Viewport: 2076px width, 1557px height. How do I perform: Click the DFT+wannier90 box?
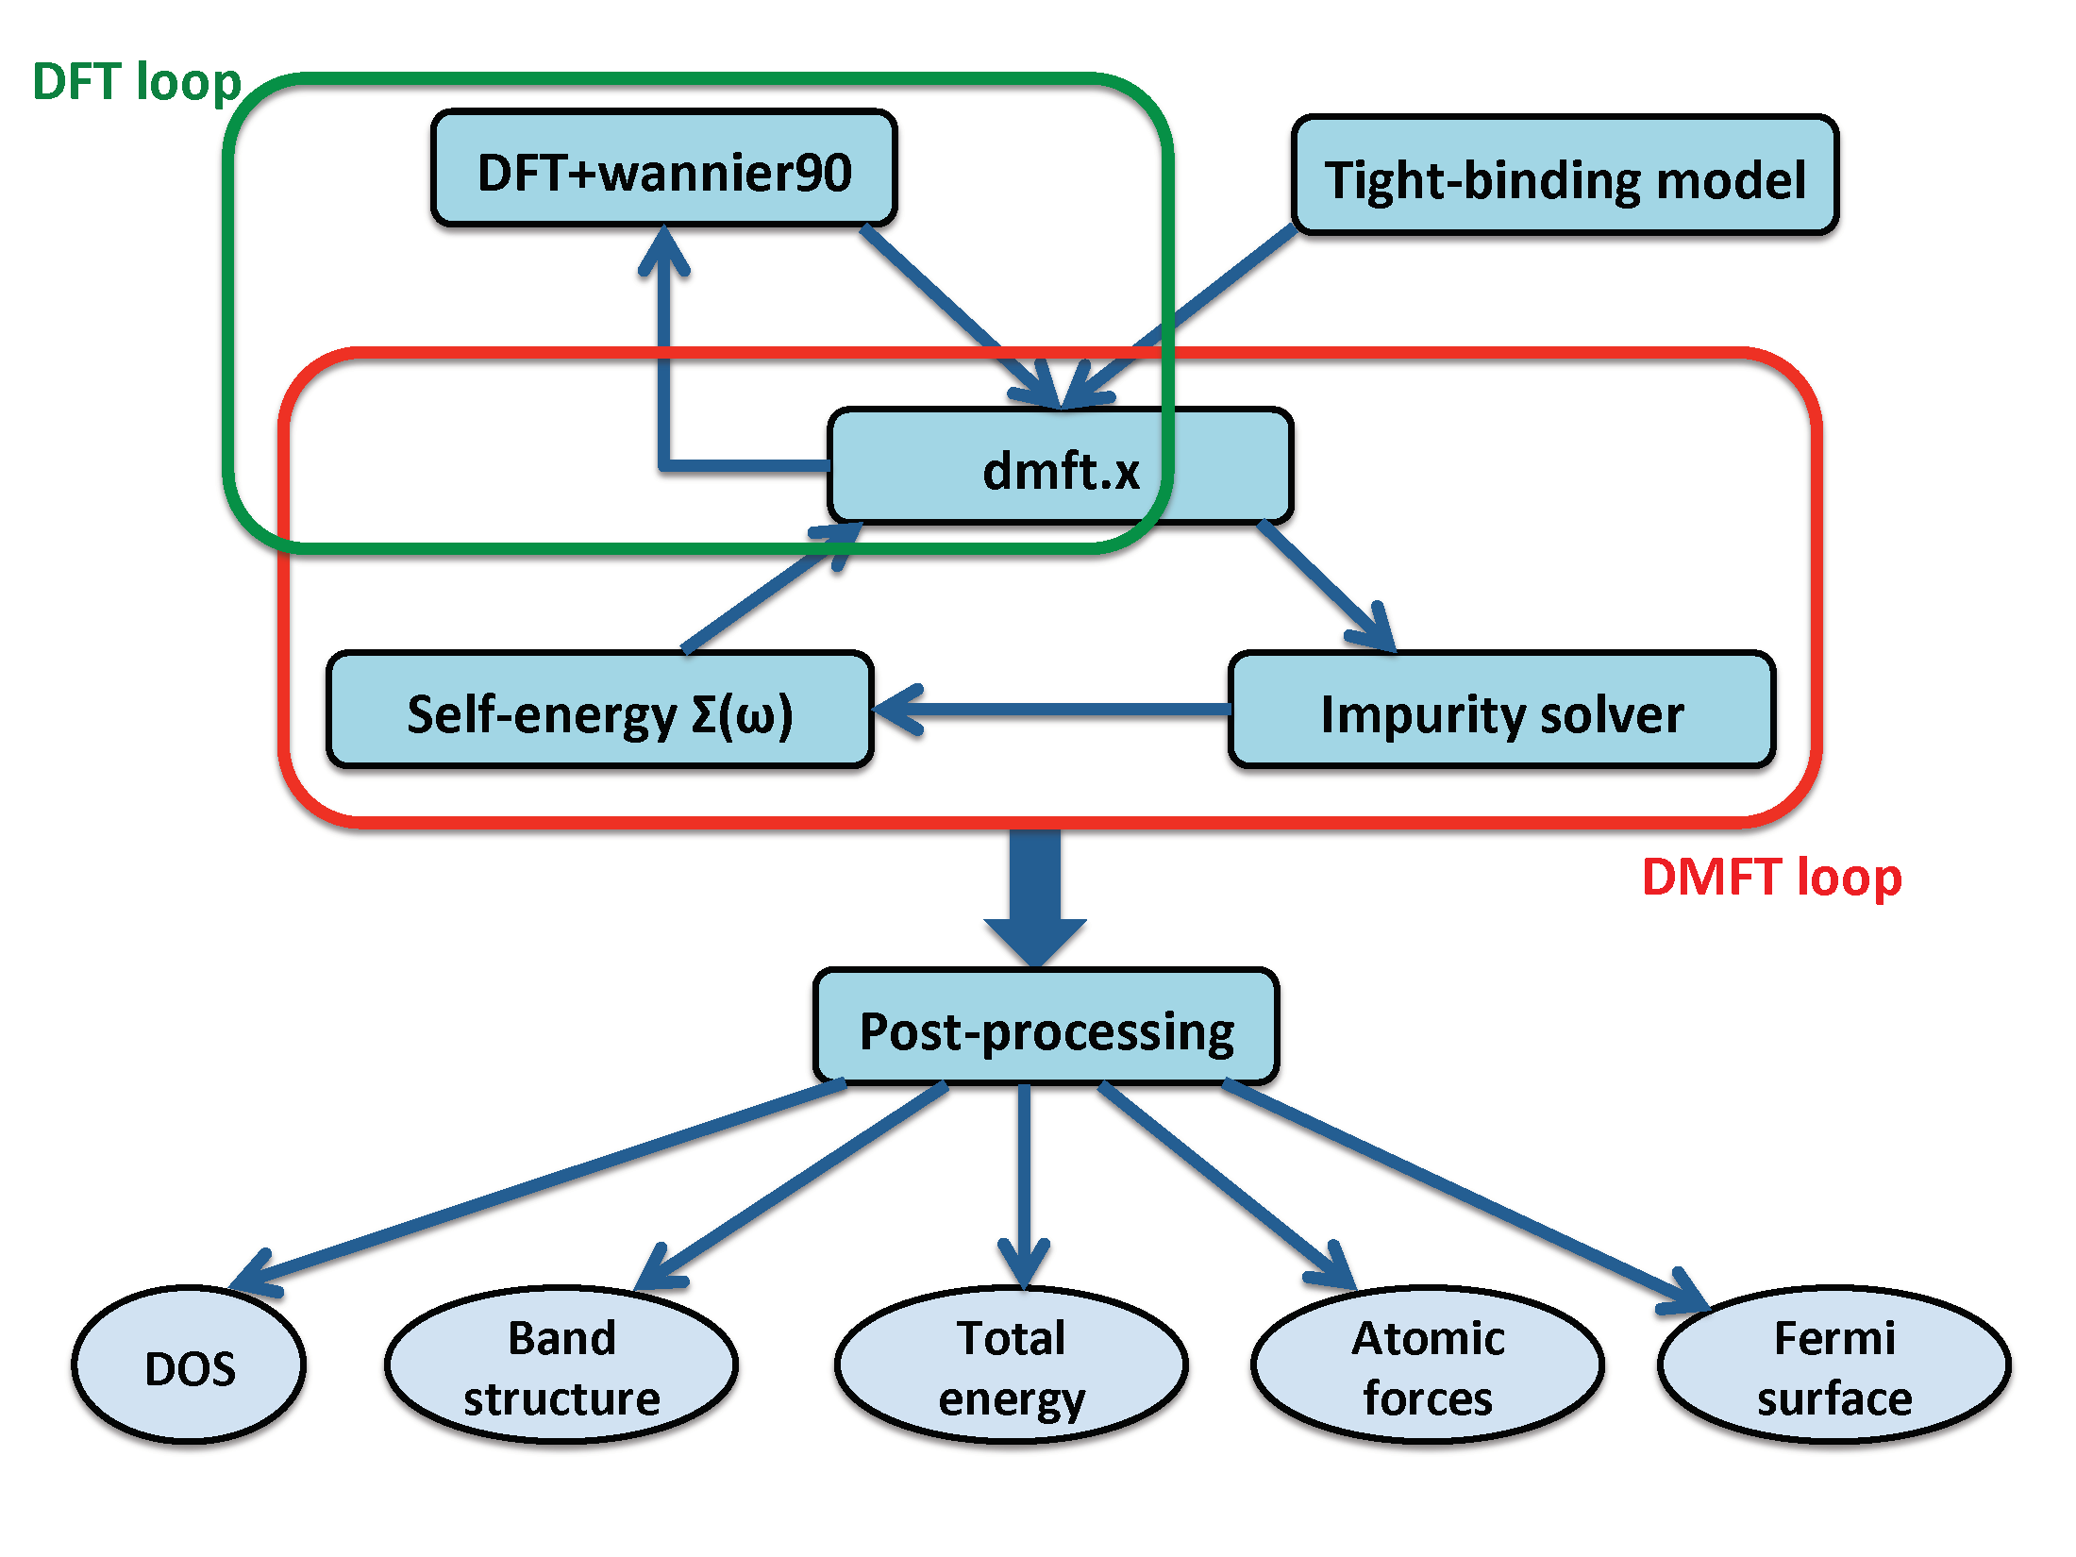tap(664, 168)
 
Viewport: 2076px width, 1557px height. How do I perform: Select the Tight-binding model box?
tap(1565, 176)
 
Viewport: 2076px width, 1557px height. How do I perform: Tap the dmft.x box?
tap(1061, 466)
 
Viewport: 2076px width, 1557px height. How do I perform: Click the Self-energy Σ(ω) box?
tap(600, 710)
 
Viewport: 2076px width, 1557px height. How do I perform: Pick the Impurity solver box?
tap(1502, 710)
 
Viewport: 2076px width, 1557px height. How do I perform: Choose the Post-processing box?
tap(1046, 1027)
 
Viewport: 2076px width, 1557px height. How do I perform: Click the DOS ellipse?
tap(189, 1364)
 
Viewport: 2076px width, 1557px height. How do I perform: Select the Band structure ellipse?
tap(561, 1364)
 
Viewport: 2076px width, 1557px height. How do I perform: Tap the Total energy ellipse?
tap(1012, 1364)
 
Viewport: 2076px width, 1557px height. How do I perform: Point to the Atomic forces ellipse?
tap(1428, 1364)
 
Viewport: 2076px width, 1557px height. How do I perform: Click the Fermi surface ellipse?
tap(1834, 1364)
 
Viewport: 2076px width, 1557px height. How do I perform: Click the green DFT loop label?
tap(137, 81)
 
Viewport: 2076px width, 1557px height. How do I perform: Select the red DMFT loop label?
tap(1772, 878)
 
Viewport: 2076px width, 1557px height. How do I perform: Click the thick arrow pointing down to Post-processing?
tap(1035, 896)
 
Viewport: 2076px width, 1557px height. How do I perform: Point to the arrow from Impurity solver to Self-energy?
tap(1052, 709)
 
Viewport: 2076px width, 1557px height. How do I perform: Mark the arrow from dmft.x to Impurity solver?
tap(1327, 586)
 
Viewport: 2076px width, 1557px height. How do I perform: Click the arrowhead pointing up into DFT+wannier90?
tap(664, 249)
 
